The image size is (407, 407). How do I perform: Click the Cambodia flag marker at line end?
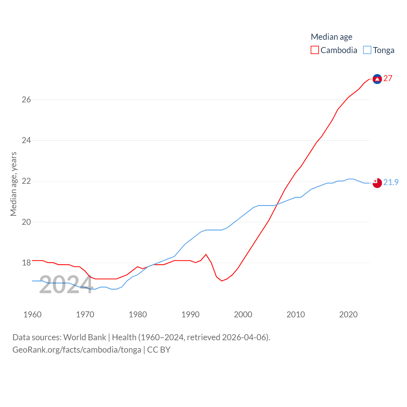pyautogui.click(x=377, y=79)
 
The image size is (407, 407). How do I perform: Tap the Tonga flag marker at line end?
pyautogui.click(x=377, y=183)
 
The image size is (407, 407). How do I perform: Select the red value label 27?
pyautogui.click(x=388, y=78)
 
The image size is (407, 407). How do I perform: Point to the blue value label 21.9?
pyautogui.click(x=391, y=182)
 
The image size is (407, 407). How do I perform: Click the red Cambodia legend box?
pyautogui.click(x=315, y=50)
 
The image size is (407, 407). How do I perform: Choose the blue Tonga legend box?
pyautogui.click(x=367, y=50)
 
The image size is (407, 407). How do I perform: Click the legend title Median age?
pyautogui.click(x=331, y=37)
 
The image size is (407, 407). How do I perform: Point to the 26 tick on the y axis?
pyautogui.click(x=26, y=100)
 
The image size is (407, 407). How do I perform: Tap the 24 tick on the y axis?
pyautogui.click(x=26, y=140)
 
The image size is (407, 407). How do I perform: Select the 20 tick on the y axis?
pyautogui.click(x=26, y=222)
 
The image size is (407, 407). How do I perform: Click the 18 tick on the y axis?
pyautogui.click(x=26, y=263)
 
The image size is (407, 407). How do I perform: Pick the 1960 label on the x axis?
pyautogui.click(x=32, y=314)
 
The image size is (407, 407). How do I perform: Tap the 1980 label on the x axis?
pyautogui.click(x=138, y=314)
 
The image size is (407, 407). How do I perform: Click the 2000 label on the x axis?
pyautogui.click(x=243, y=314)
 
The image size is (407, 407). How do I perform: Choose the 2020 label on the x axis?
pyautogui.click(x=348, y=314)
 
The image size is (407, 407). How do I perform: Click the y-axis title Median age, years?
pyautogui.click(x=13, y=184)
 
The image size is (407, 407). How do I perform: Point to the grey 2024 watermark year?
pyautogui.click(x=66, y=285)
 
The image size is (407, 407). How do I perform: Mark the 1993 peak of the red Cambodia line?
pyautogui.click(x=206, y=254)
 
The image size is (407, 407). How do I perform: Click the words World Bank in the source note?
pyautogui.click(x=85, y=337)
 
